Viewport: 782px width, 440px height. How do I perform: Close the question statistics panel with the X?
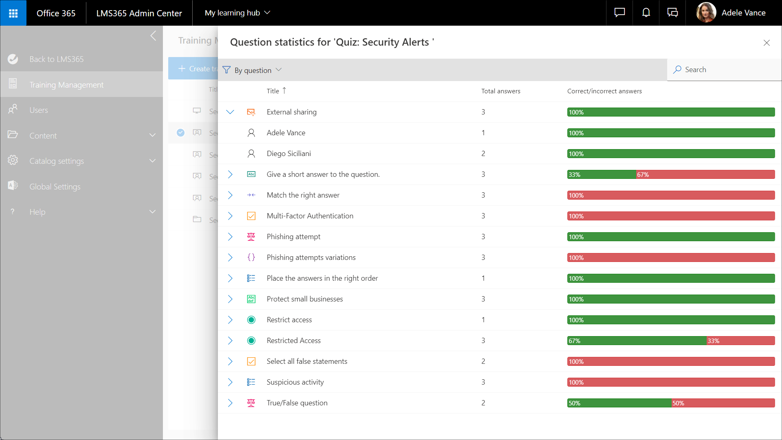coord(767,43)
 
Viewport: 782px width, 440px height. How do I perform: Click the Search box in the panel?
coord(724,70)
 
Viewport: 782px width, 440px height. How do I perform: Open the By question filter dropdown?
coord(253,70)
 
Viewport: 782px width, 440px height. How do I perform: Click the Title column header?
coord(273,91)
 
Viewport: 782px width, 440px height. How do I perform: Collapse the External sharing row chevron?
coord(230,112)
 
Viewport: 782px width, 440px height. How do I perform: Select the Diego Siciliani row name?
coord(289,154)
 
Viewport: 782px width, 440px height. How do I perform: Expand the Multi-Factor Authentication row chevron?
coord(230,216)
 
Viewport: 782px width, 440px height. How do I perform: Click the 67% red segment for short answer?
coord(705,174)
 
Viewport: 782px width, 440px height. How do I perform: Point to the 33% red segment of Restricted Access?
coord(740,341)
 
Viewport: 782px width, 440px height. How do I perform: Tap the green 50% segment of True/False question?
coord(619,403)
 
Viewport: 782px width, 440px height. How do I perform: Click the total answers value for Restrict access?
coord(483,320)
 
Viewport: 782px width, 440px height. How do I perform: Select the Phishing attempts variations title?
coord(311,257)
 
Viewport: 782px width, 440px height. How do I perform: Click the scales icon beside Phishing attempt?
coord(251,237)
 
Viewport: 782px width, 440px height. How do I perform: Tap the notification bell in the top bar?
coord(646,13)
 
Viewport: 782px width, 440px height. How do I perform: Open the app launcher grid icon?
coord(13,13)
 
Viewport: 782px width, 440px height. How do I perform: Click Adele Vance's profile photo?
coord(706,13)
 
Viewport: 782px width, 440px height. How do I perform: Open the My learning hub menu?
coord(237,13)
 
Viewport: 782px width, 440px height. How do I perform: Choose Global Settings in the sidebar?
coord(55,187)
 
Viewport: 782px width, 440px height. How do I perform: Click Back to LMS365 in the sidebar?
coord(57,59)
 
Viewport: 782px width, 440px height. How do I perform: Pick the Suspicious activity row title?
coord(295,382)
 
